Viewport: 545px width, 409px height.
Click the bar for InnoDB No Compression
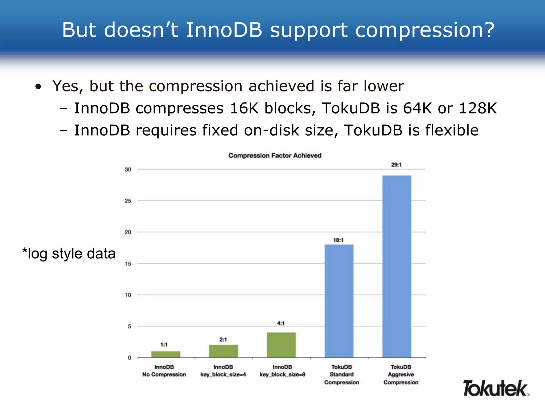point(166,354)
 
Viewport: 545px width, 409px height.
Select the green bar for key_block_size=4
point(224,351)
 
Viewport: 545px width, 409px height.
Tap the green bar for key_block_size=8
point(281,345)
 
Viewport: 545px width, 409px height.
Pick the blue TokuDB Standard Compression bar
point(339,301)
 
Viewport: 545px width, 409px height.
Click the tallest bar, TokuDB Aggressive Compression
point(397,266)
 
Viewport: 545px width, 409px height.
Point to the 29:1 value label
point(396,165)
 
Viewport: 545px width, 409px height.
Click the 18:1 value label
point(338,240)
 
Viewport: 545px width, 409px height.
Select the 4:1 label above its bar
point(281,324)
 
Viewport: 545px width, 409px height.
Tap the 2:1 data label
point(223,340)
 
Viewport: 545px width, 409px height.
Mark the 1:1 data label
point(164,345)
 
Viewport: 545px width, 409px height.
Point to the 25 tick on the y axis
point(128,201)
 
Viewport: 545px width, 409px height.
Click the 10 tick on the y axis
point(128,295)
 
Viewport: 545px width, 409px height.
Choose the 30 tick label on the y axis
point(128,170)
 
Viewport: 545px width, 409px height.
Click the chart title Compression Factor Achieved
point(275,156)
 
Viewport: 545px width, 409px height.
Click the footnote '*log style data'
point(69,253)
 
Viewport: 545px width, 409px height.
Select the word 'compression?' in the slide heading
point(425,30)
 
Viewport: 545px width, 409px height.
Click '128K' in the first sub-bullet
point(478,108)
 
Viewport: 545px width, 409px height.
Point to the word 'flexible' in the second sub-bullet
point(452,130)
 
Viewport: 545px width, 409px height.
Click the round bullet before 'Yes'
point(38,87)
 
